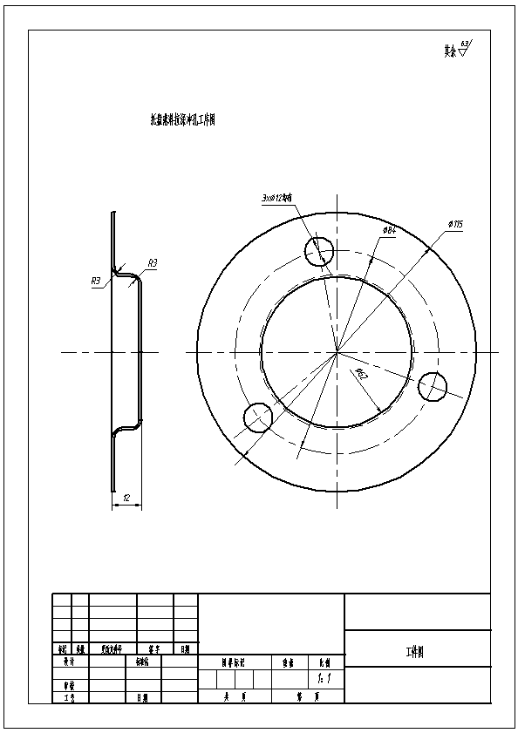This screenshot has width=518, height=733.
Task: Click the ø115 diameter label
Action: coord(455,224)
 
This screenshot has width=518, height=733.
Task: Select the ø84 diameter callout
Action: coord(390,229)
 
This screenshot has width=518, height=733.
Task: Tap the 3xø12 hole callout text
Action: coord(280,198)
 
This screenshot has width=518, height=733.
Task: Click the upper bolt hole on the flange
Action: coord(319,251)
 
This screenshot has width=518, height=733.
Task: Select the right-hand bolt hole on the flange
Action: coord(433,387)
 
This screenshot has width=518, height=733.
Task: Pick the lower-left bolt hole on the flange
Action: coord(258,417)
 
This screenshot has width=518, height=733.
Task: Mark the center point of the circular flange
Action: coord(337,352)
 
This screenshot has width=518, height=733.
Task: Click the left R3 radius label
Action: coord(96,281)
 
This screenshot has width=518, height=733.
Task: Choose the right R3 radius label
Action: coord(152,262)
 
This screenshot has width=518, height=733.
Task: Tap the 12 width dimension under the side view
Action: coord(126,499)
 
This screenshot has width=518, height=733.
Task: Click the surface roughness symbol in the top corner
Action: coord(456,50)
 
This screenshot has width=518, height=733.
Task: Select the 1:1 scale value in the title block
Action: coord(324,677)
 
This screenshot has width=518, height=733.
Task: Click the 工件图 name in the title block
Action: coord(415,651)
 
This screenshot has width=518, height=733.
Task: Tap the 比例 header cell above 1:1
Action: coord(324,662)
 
